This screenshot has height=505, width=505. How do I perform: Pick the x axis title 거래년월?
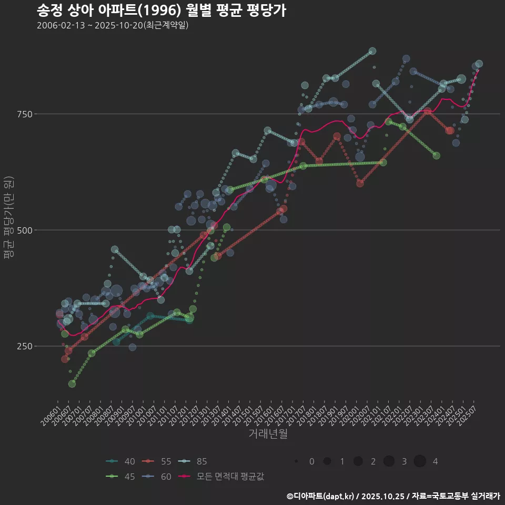click(x=268, y=434)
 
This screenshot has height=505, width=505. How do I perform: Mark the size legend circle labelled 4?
click(x=419, y=461)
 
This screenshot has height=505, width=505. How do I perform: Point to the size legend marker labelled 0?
click(x=296, y=461)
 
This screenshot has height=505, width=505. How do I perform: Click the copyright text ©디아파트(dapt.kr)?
click(x=321, y=496)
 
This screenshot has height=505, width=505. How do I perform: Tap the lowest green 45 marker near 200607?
click(x=72, y=383)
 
